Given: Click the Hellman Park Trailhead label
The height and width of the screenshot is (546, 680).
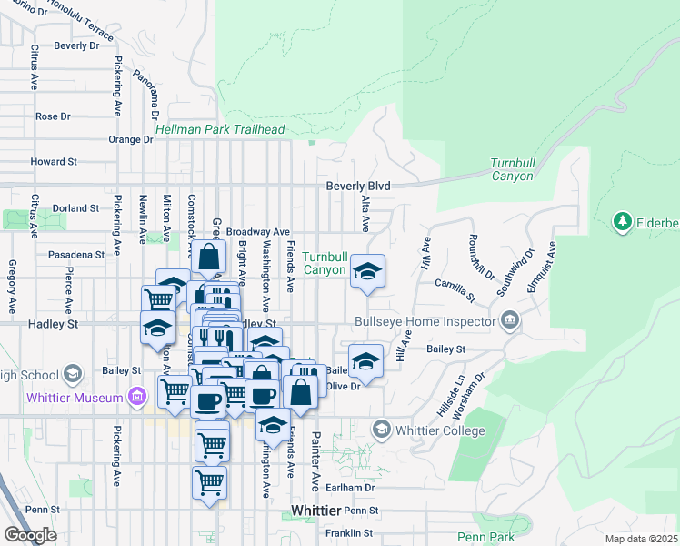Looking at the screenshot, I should point(220,130).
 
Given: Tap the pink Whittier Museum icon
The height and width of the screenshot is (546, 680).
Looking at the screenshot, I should point(136,397).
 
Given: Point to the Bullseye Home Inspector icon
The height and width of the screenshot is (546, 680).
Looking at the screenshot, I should point(510,320).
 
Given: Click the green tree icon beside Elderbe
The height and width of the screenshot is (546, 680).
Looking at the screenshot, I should point(623,221).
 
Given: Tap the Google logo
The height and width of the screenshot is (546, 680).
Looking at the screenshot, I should point(29,535).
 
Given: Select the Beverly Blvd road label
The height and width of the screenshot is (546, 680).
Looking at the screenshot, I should point(358,186).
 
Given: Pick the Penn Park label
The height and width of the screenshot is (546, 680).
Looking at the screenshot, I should point(485,538).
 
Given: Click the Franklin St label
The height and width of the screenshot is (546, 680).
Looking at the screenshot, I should point(350,532).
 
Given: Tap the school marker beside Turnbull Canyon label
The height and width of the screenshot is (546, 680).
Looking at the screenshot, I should point(367,272).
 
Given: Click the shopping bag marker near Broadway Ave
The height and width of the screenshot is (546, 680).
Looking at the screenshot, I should point(208,258).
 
